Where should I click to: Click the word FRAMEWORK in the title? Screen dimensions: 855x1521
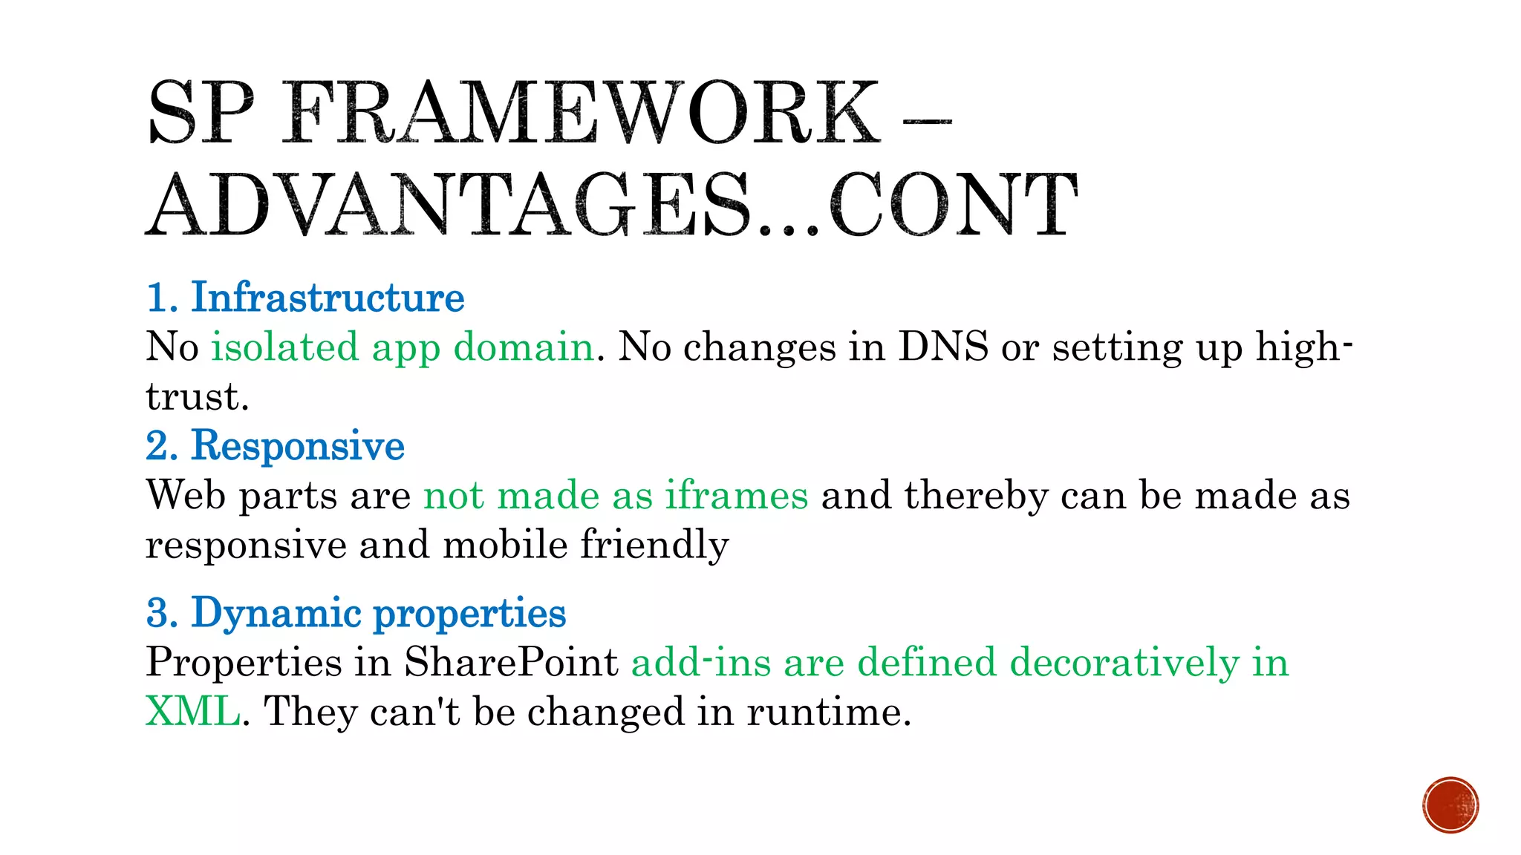click(x=581, y=113)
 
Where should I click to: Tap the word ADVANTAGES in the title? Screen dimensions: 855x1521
click(x=449, y=205)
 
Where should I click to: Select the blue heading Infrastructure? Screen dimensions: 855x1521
click(x=328, y=298)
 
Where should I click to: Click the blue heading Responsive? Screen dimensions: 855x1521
click(x=297, y=446)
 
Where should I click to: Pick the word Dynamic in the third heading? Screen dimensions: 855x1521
click(x=276, y=613)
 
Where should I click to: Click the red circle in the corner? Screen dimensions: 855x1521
click(x=1450, y=805)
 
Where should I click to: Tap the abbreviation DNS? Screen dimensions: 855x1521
click(x=943, y=347)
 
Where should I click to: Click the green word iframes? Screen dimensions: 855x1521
click(x=736, y=495)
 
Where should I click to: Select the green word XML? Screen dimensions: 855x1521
click(x=192, y=711)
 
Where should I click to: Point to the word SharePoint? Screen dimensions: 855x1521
click(x=511, y=662)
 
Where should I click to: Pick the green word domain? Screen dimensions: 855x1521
click(x=524, y=347)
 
